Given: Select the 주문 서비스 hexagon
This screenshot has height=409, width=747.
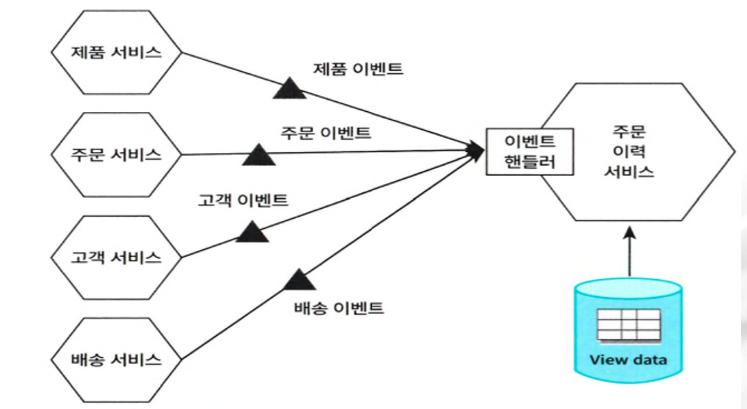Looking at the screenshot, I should [x=116, y=155].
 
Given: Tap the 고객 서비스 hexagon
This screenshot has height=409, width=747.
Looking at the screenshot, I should [x=116, y=258].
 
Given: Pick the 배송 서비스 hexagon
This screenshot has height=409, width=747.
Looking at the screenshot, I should [x=116, y=359].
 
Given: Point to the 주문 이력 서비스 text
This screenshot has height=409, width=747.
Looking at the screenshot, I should [x=629, y=152].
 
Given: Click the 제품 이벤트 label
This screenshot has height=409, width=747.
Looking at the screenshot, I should [x=358, y=70].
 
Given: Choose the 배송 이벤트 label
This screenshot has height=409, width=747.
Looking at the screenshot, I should [x=339, y=309].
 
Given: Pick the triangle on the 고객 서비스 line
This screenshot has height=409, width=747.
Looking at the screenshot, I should [x=252, y=231].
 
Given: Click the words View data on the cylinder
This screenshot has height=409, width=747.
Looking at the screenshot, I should [x=628, y=359].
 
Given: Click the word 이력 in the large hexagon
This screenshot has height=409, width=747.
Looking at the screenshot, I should [x=629, y=152].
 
